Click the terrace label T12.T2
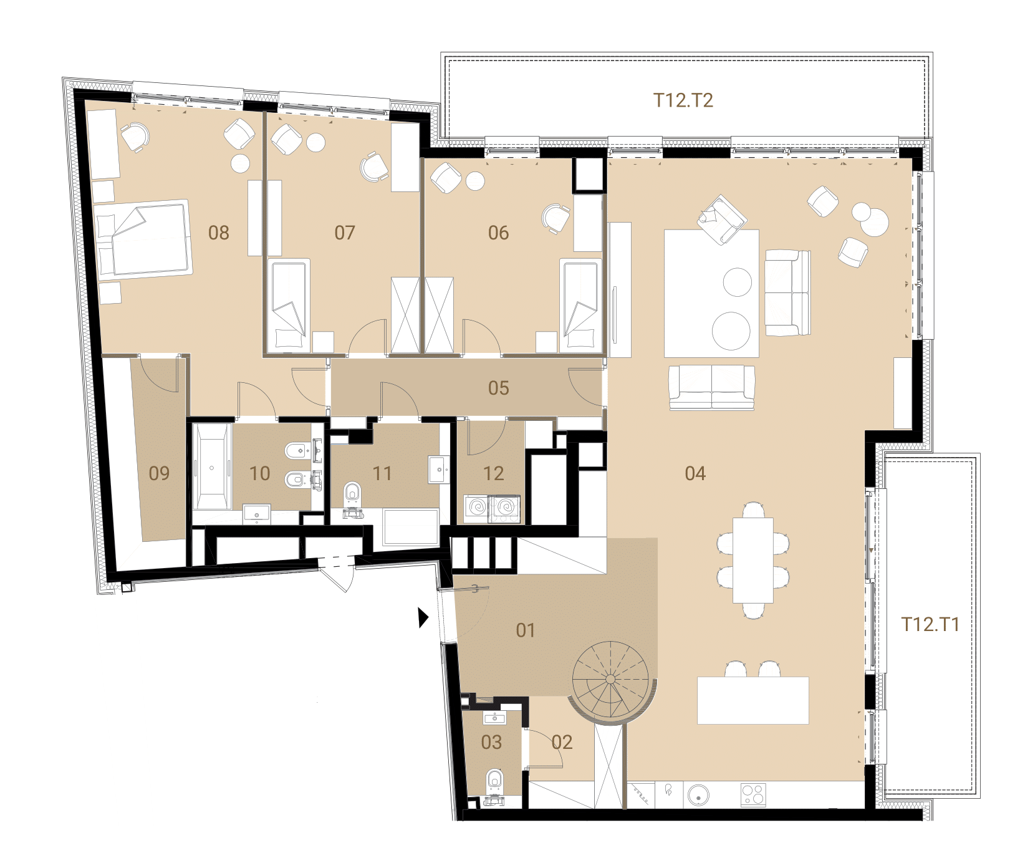coord(683,100)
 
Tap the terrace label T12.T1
coord(930,624)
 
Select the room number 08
coord(219,233)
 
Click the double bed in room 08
coord(143,238)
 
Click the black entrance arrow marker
coord(423,617)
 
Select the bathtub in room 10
coord(212,466)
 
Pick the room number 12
coord(493,473)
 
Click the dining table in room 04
coord(753,560)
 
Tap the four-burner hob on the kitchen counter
coord(753,795)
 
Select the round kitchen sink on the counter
coord(698,795)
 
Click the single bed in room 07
coord(288,306)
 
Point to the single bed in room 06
coord(581,306)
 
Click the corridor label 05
coord(499,388)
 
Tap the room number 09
coord(159,473)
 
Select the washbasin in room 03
coord(495,718)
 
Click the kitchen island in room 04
coord(753,700)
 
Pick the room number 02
coord(562,742)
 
